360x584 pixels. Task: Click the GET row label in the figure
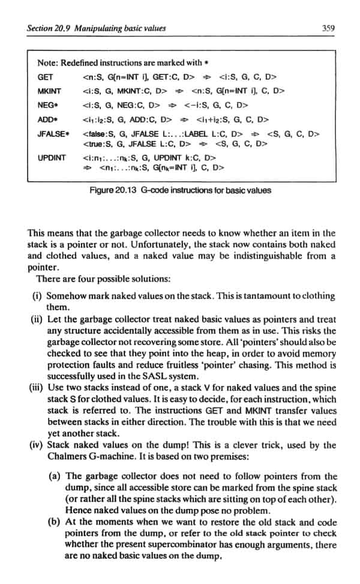click(x=45, y=77)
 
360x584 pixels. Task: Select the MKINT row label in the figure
click(x=47, y=91)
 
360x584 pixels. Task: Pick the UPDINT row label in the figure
click(x=50, y=158)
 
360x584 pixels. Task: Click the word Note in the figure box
click(x=46, y=63)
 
